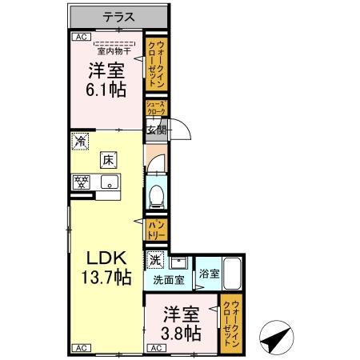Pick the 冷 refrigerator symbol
click(x=80, y=141)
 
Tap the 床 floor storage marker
click(x=106, y=160)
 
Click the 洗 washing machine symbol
click(x=155, y=260)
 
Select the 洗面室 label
click(x=169, y=281)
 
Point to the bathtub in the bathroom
click(x=233, y=275)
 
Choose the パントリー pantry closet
click(x=156, y=230)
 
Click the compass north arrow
click(x=275, y=335)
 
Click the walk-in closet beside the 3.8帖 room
click(x=231, y=320)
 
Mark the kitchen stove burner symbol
click(x=80, y=181)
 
